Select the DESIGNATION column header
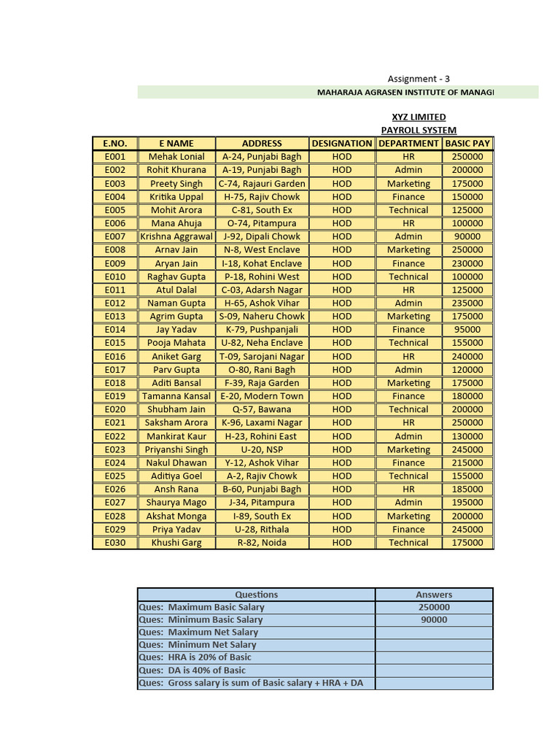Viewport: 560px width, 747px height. coord(342,144)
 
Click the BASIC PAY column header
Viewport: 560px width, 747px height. coord(467,144)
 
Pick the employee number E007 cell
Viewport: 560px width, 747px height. coord(115,236)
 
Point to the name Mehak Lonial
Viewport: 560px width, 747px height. coord(176,157)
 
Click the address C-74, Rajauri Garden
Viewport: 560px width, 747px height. coord(262,184)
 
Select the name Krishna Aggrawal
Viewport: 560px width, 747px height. coord(176,236)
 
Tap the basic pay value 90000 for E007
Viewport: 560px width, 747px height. coord(467,236)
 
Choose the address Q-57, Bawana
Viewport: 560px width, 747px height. coord(262,409)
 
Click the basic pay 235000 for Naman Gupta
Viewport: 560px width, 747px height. coord(467,303)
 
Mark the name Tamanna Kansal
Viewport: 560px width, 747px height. coord(176,396)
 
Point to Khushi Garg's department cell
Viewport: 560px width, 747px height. coord(408,543)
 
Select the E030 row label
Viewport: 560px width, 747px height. coord(115,543)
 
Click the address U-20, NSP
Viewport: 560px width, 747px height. coord(262,449)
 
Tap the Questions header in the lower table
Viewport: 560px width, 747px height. coord(256,595)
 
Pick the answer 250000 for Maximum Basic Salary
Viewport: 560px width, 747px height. coord(434,607)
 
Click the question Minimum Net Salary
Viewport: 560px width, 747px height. coord(198,645)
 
